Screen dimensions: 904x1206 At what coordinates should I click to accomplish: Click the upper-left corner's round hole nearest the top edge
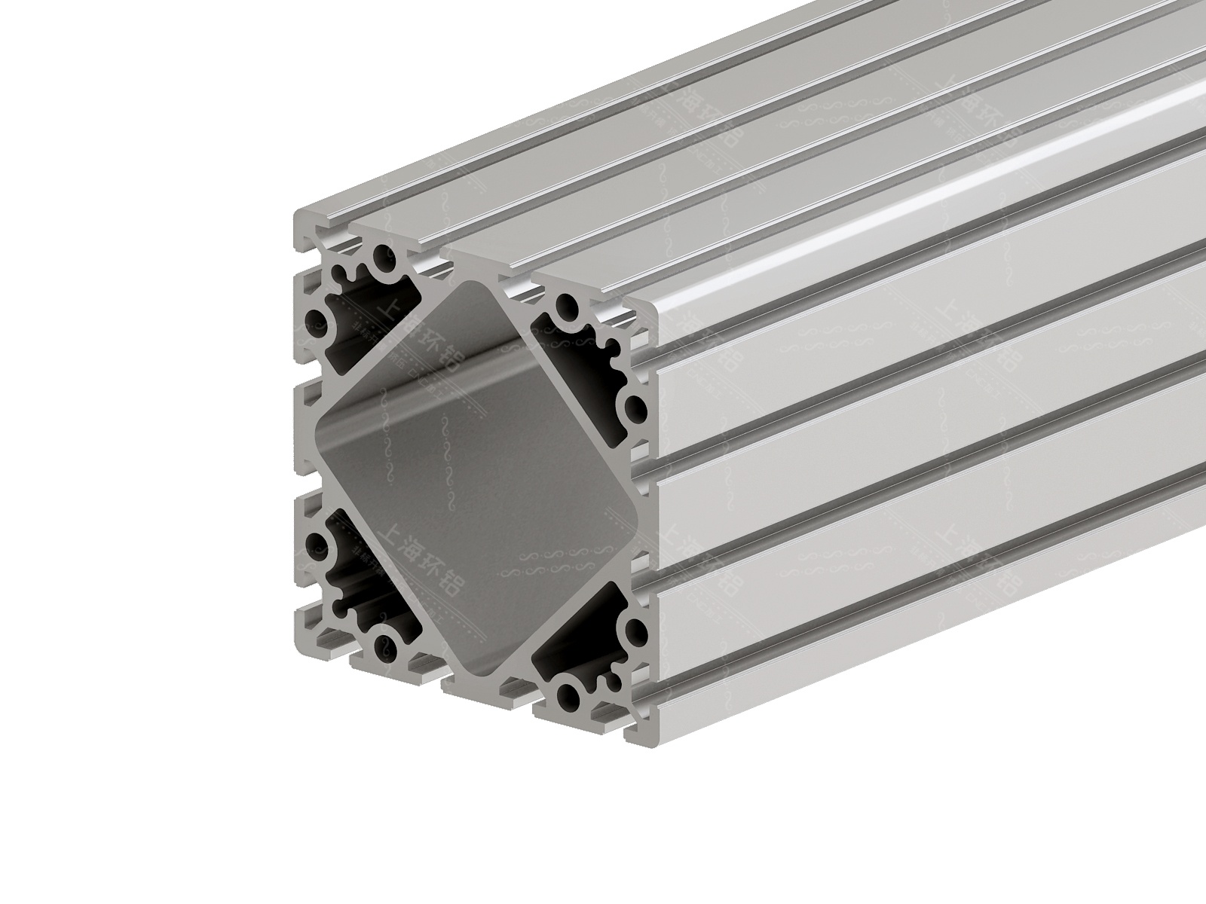[x=384, y=257]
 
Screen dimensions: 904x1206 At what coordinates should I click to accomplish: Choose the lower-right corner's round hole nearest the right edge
[x=635, y=629]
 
